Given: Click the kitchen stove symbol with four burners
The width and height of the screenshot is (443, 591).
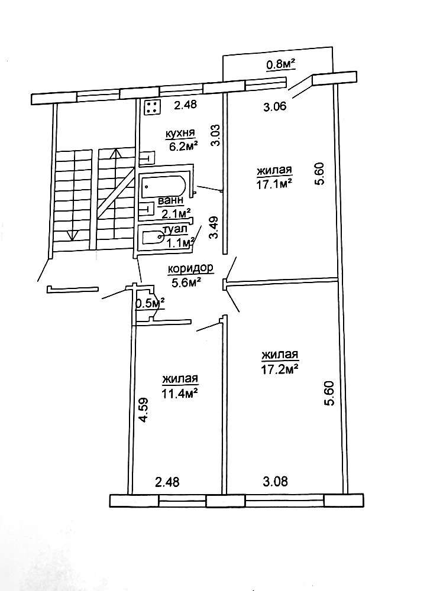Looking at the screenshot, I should [x=152, y=107].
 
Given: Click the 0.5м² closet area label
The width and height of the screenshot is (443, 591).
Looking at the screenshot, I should [x=150, y=303].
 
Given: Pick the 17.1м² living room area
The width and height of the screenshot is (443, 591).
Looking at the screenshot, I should [x=274, y=184].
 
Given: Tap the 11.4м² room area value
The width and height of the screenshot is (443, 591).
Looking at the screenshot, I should [x=180, y=391].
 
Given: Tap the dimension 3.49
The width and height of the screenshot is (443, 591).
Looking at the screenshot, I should [x=215, y=227].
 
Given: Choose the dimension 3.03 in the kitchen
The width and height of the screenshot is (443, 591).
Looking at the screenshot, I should [x=216, y=134].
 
